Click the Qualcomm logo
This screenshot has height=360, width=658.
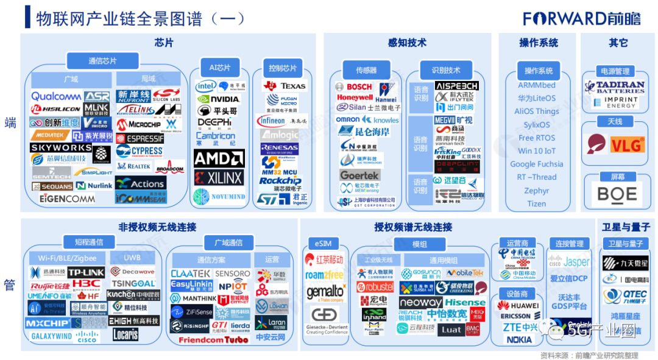(x=56, y=96)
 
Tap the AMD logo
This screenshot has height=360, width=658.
(x=219, y=158)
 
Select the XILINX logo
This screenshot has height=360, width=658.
(x=219, y=177)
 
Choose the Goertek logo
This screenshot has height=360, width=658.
(x=359, y=175)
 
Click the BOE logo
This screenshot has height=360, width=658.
(x=617, y=194)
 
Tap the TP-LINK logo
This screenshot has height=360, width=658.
(x=86, y=272)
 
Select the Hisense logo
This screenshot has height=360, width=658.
(x=465, y=302)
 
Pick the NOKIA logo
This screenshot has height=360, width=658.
(x=519, y=339)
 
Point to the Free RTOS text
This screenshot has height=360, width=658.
(x=536, y=138)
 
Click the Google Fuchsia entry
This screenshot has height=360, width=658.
(x=536, y=164)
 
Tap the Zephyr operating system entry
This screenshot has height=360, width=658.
(x=536, y=191)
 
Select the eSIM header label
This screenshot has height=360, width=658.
(x=323, y=244)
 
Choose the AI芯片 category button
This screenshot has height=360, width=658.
(x=219, y=67)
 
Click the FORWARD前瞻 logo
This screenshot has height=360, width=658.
(x=581, y=18)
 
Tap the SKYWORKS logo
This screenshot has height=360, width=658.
(x=61, y=147)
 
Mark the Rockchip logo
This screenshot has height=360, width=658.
(x=280, y=181)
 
